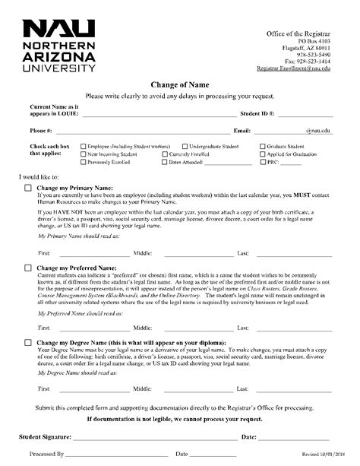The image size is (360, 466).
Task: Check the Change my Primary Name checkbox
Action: (29, 187)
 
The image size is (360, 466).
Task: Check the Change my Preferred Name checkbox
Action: (29, 268)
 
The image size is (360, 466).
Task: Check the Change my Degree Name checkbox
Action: (29, 343)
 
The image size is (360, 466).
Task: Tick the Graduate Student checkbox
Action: (283, 145)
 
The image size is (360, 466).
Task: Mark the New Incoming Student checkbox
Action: (83, 154)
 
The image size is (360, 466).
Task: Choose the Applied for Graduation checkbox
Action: (283, 154)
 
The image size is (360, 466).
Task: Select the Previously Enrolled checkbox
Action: (83, 162)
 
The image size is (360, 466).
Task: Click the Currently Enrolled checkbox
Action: (155, 154)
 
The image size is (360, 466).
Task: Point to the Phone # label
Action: (40, 130)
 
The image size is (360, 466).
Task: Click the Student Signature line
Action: (152, 438)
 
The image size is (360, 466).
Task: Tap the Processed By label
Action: (48, 454)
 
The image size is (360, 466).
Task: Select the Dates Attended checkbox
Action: (165, 162)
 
